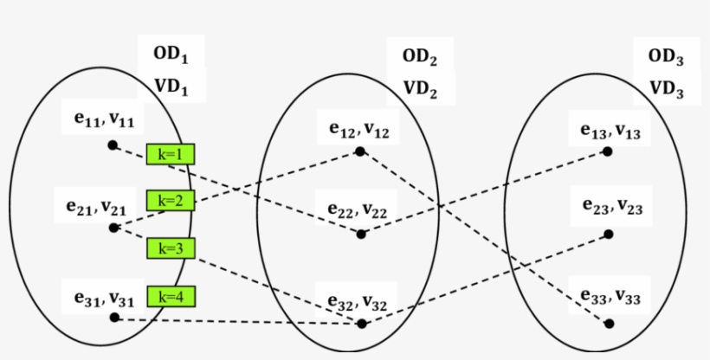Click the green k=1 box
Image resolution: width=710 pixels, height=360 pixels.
pyautogui.click(x=171, y=154)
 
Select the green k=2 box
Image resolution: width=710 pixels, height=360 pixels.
pyautogui.click(x=171, y=201)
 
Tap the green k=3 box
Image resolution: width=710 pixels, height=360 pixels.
pyautogui.click(x=171, y=248)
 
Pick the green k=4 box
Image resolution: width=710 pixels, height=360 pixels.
pyautogui.click(x=171, y=296)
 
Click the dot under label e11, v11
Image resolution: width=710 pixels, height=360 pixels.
pyautogui.click(x=112, y=145)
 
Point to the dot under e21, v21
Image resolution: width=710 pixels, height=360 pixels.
pyautogui.click(x=113, y=228)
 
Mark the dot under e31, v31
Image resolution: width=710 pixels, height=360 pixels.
pyautogui.click(x=114, y=318)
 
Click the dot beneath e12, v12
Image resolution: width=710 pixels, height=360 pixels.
pyautogui.click(x=359, y=152)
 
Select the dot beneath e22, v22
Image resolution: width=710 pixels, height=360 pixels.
pyautogui.click(x=361, y=234)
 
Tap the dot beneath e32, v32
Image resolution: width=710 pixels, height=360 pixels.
pyautogui.click(x=362, y=324)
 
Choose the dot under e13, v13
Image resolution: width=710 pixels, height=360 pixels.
pyautogui.click(x=608, y=151)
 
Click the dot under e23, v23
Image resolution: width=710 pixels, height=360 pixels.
pyautogui.click(x=609, y=234)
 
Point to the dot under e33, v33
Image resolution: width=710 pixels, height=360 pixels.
pyautogui.click(x=610, y=324)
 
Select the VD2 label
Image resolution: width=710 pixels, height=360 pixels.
pyautogui.click(x=420, y=88)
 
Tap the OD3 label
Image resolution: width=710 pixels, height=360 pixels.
pyautogui.click(x=666, y=57)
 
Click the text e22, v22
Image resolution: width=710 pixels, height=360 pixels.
pyautogui.click(x=358, y=209)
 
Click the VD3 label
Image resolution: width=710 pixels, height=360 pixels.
pyautogui.click(x=666, y=88)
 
